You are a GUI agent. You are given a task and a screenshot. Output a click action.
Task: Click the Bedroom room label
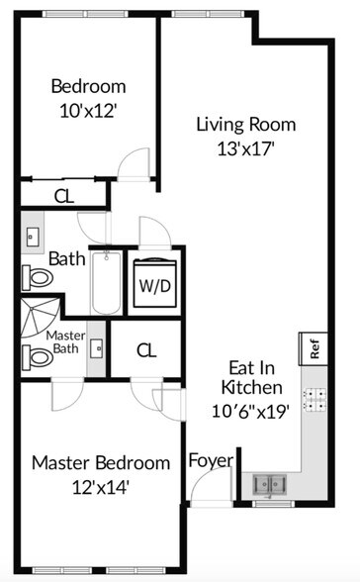click(x=88, y=85)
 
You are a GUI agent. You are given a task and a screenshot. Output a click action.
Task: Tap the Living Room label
click(x=244, y=125)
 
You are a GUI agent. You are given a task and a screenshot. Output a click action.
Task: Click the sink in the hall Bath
click(x=33, y=238)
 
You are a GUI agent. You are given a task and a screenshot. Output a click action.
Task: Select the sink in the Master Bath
click(x=97, y=348)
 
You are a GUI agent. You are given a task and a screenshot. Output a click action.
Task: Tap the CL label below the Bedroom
click(x=63, y=195)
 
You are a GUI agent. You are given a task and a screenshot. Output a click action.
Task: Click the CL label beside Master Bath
click(x=146, y=350)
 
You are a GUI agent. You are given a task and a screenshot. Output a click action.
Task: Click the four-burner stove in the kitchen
click(x=315, y=399)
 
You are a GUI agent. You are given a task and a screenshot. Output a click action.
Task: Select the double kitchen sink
click(x=267, y=485)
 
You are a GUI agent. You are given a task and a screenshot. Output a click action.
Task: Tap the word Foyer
click(x=211, y=461)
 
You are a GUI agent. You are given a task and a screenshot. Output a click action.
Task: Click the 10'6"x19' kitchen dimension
click(x=253, y=411)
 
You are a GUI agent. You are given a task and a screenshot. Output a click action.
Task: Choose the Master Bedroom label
click(x=100, y=462)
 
